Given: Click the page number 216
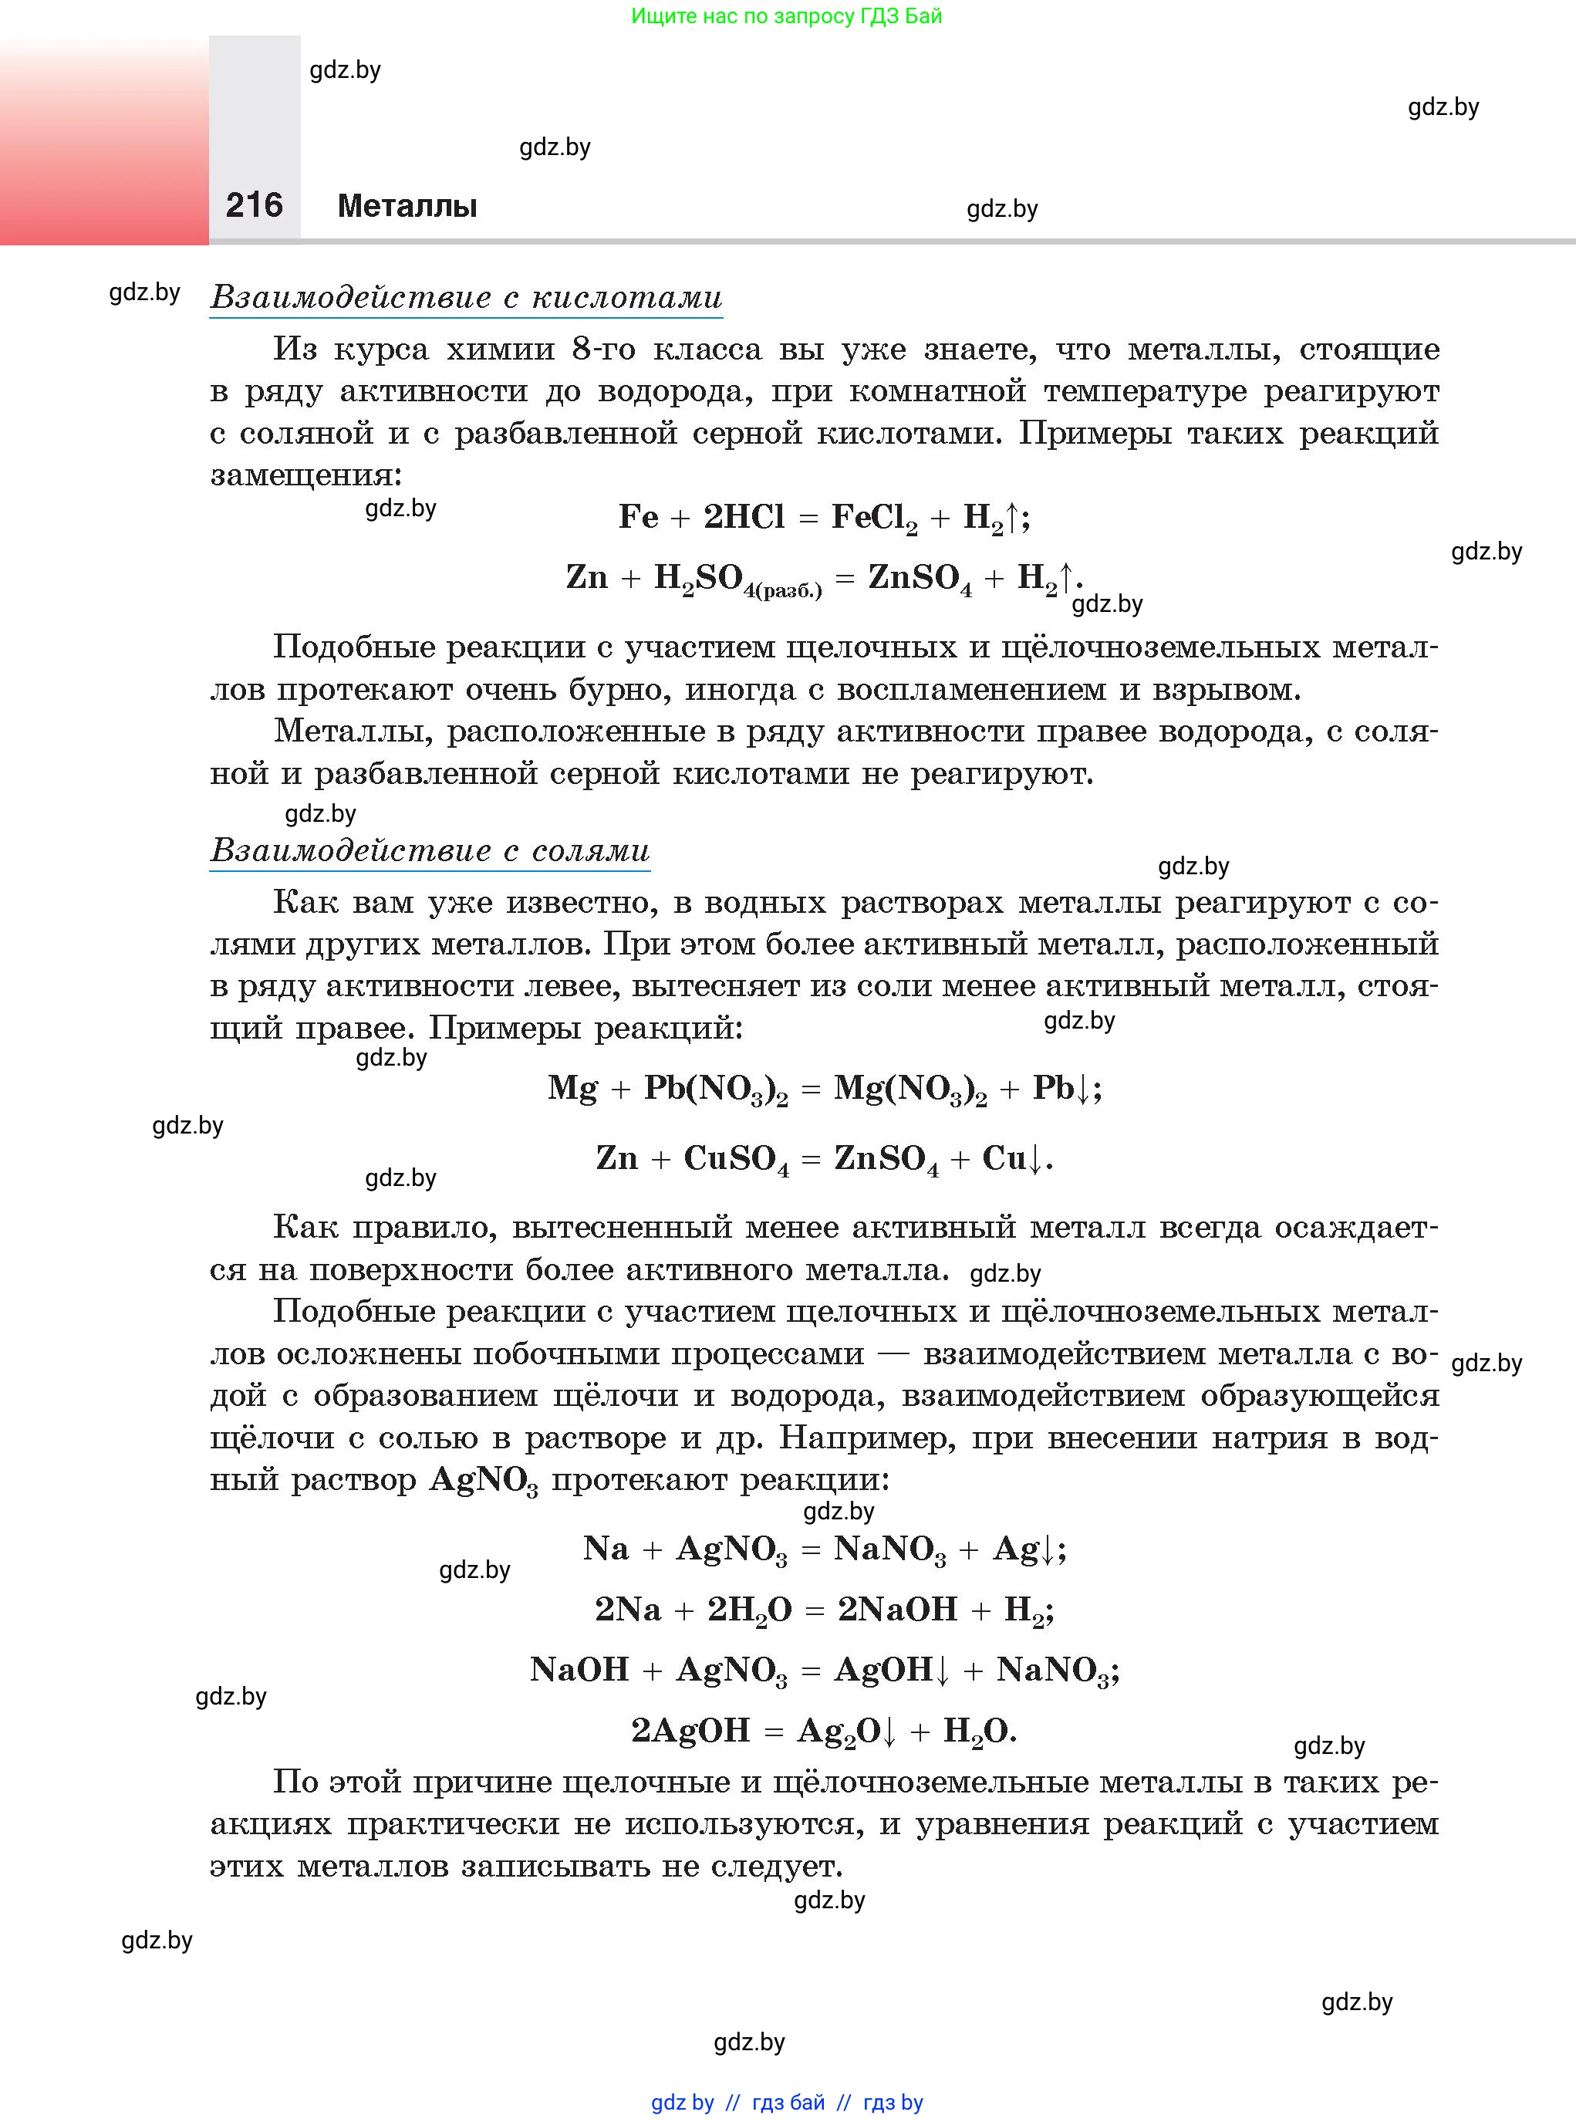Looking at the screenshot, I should (x=254, y=205).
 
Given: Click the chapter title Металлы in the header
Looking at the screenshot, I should (x=407, y=206).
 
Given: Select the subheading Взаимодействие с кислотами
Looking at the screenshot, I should (x=466, y=297).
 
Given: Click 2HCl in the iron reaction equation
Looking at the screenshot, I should (x=743, y=517).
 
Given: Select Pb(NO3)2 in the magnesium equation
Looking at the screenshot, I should (x=716, y=1090).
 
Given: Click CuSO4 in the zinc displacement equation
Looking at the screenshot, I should (x=735, y=1159).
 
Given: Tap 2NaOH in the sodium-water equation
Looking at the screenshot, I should (x=896, y=1610).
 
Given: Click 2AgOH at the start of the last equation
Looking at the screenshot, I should (x=690, y=1730).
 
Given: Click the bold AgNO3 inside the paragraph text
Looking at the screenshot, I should (x=484, y=1481).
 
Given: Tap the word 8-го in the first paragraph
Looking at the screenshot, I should (x=603, y=350).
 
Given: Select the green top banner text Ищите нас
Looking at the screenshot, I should (x=786, y=16).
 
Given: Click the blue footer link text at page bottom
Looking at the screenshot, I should (x=787, y=2102).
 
